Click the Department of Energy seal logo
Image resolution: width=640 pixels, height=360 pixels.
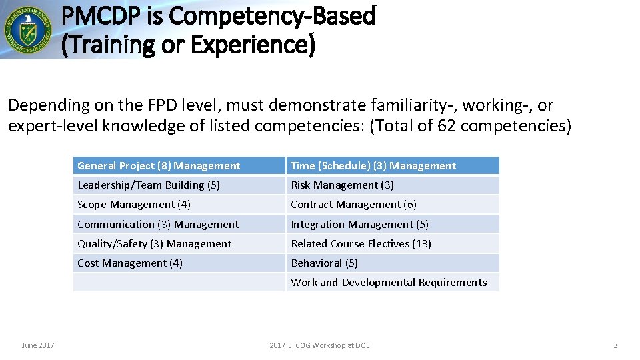coord(27,29)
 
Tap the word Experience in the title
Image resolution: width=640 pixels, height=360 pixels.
coord(255,45)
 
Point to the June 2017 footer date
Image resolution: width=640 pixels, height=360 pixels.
coord(38,345)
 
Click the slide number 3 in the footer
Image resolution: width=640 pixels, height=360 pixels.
coord(615,345)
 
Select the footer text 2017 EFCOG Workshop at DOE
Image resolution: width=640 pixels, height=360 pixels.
coord(319,345)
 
